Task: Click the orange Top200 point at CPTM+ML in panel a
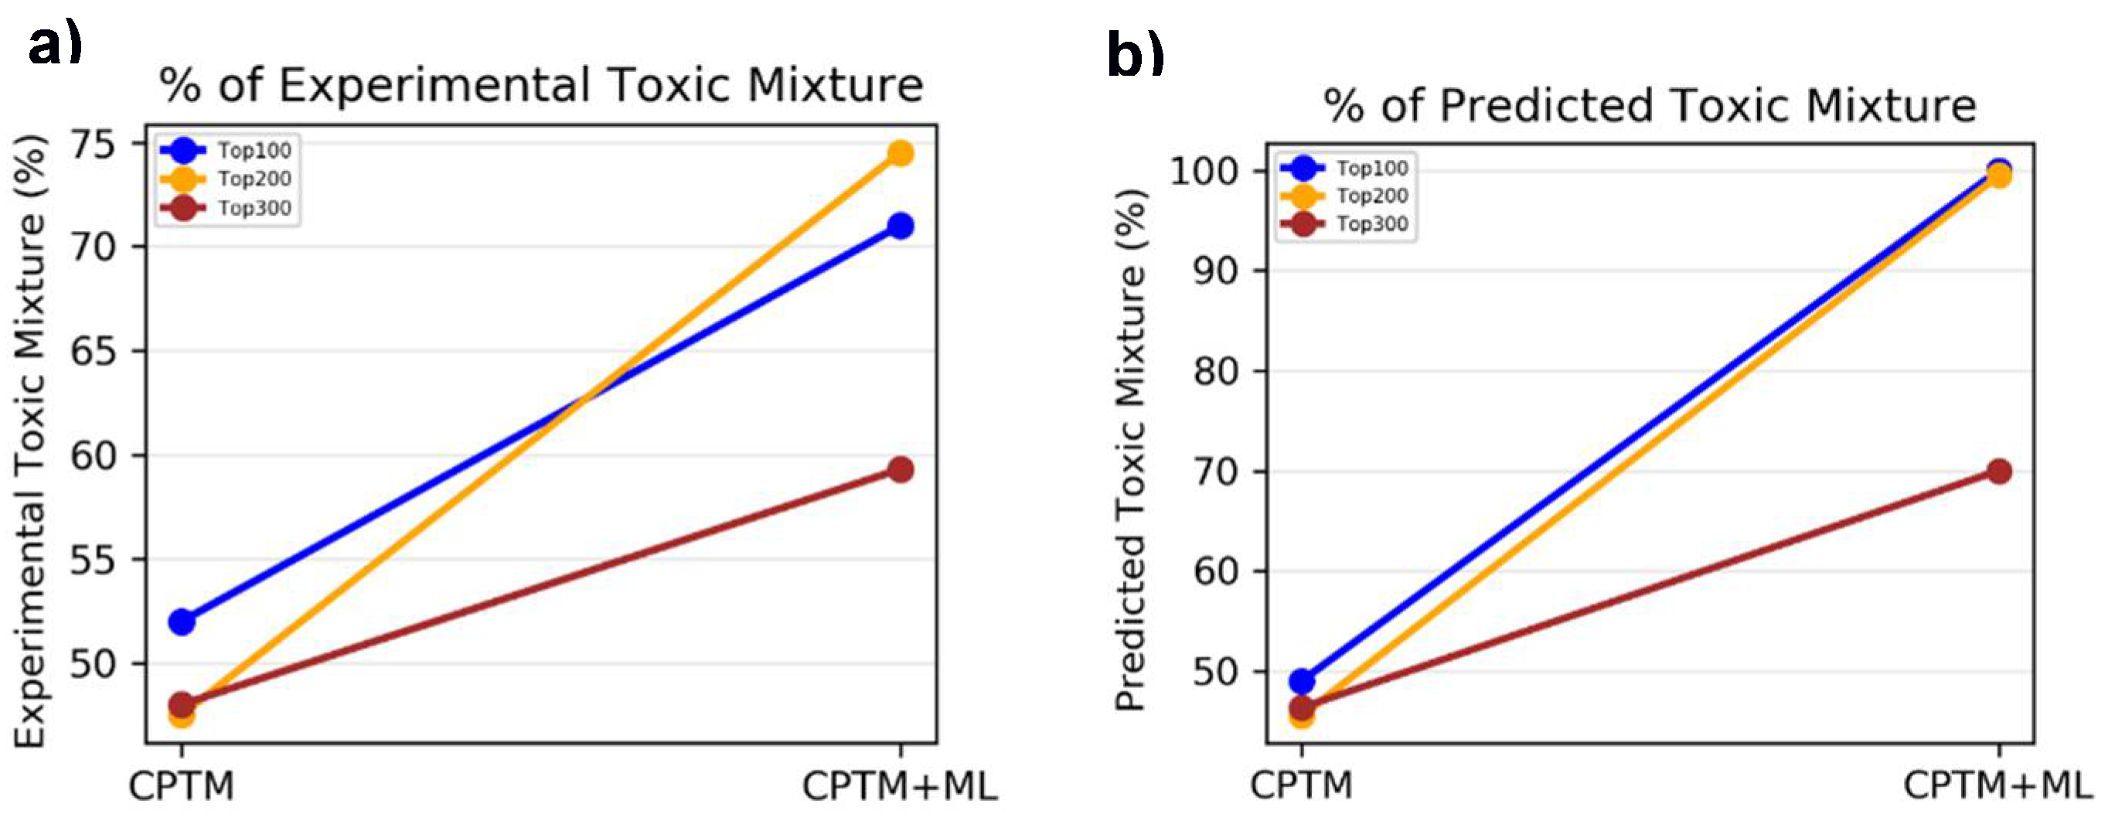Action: coord(901,154)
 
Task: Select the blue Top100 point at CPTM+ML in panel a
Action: coord(901,226)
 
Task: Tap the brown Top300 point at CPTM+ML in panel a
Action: coord(901,469)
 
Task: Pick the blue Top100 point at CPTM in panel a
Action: coord(182,622)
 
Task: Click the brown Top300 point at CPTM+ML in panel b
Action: coord(1999,471)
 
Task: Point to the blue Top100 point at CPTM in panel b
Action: coord(1301,680)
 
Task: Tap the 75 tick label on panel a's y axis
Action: coord(96,145)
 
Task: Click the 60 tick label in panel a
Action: coord(96,455)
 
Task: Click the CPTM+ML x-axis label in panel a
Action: coord(900,786)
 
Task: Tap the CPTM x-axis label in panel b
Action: coord(1300,785)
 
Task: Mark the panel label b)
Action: coord(1136,55)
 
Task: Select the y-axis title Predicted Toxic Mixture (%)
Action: coord(1131,450)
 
